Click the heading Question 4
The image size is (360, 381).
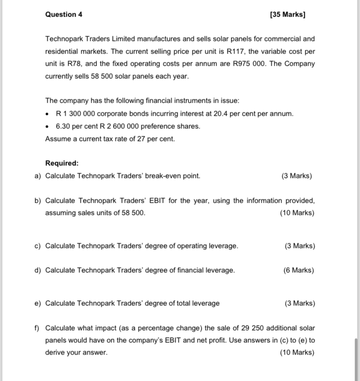[x=63, y=14]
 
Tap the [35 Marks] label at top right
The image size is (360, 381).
[x=287, y=14]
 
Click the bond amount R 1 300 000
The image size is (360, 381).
[x=76, y=114]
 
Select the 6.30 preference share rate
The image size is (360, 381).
[x=64, y=126]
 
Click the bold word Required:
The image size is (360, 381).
[x=62, y=164]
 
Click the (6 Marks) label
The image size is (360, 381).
[x=299, y=271]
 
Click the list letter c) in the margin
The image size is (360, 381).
[x=37, y=246]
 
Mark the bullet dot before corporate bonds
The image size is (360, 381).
[x=48, y=114]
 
